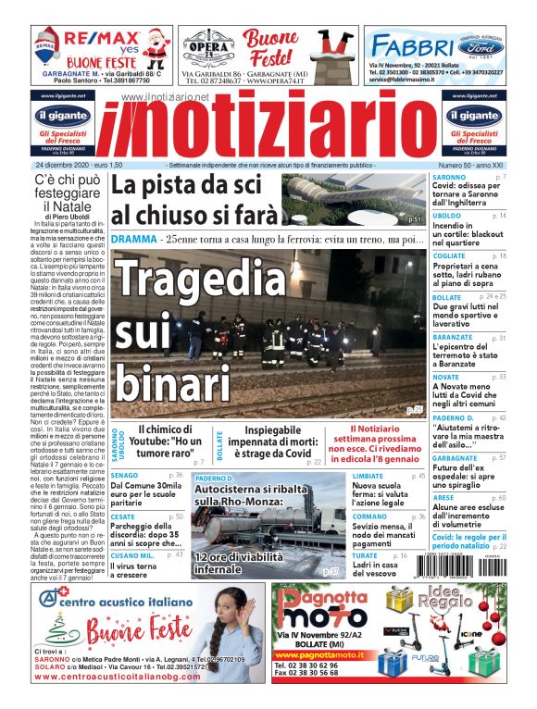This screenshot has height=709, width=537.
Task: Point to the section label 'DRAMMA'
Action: point(133,239)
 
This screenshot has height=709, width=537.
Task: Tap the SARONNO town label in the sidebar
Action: point(449,176)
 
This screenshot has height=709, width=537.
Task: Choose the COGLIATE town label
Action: point(450,255)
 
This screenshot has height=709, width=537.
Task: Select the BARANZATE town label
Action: point(453,338)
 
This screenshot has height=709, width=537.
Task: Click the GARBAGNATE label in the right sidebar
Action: point(455,457)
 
